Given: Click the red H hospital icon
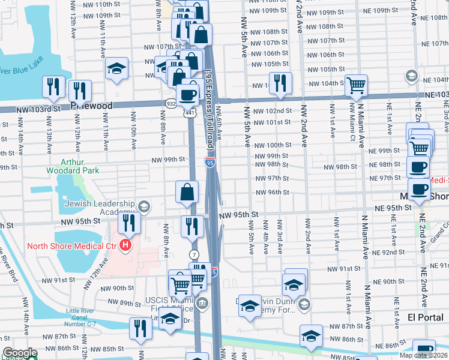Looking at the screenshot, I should tap(125, 245).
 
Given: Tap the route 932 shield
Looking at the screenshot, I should tap(170, 104).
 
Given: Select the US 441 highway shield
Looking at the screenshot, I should tap(189, 113).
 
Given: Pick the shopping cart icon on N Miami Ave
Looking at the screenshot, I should tap(357, 86).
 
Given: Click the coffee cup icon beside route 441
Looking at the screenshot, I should tap(187, 94).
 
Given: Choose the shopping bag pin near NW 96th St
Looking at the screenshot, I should tap(187, 192).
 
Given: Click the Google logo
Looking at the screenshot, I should tap(19, 353).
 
